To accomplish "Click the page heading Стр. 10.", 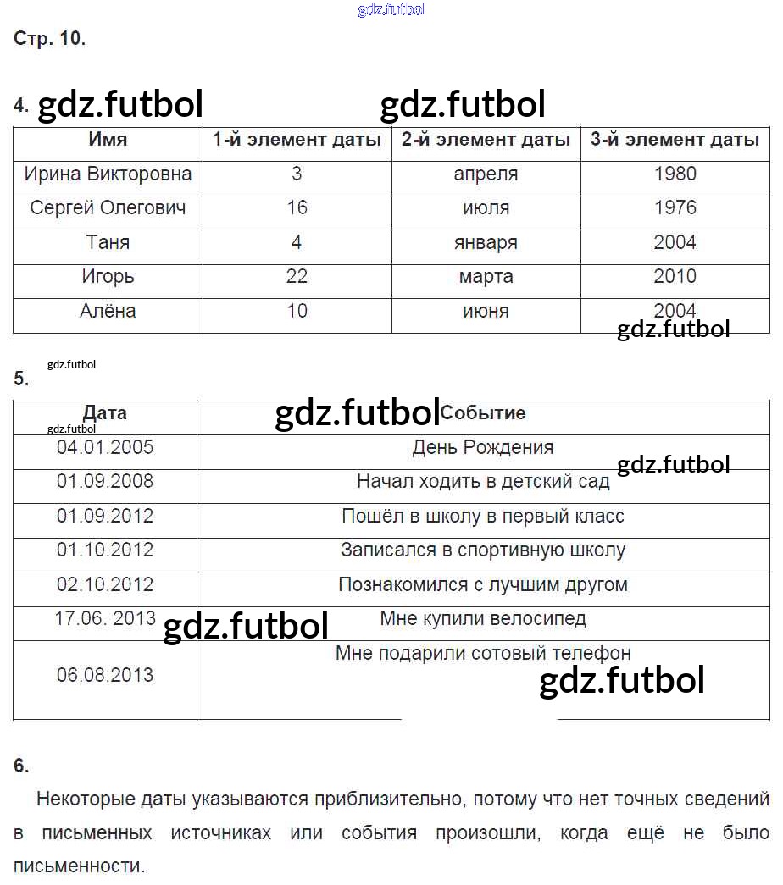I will (x=49, y=39).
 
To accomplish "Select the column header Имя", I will (x=108, y=140).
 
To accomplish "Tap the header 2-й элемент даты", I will (x=486, y=140).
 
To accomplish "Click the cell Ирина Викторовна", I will (x=108, y=174).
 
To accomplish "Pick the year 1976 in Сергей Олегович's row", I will (x=675, y=208).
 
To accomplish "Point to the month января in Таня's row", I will (x=486, y=243).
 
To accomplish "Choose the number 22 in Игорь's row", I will (x=297, y=277).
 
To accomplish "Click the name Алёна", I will (x=108, y=311).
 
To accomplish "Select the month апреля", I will (x=486, y=174).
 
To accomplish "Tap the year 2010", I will (x=675, y=277).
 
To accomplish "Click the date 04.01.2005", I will (x=105, y=447).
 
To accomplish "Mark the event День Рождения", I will (x=483, y=447).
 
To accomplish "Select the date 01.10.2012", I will (x=105, y=550).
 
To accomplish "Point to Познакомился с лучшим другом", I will (x=483, y=584).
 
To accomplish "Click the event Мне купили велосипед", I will (x=483, y=618).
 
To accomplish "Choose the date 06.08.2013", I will (x=105, y=675).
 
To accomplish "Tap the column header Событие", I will (x=483, y=413).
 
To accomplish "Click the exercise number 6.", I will (x=21, y=766).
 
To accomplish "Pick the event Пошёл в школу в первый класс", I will (x=483, y=516).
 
